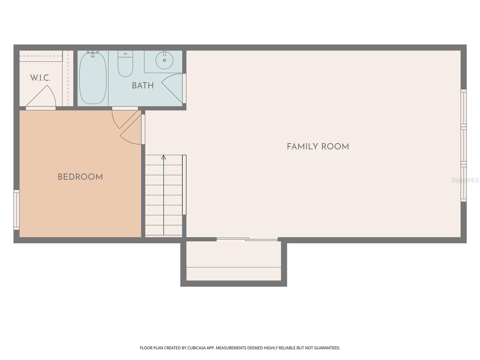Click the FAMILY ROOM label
318,147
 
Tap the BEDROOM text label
80,177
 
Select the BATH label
143,85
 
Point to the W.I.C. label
40,78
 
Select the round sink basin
164,60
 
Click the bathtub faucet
93,54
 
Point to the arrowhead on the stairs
163,157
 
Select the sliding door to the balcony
247,239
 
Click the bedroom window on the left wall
16,210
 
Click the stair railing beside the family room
184,184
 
